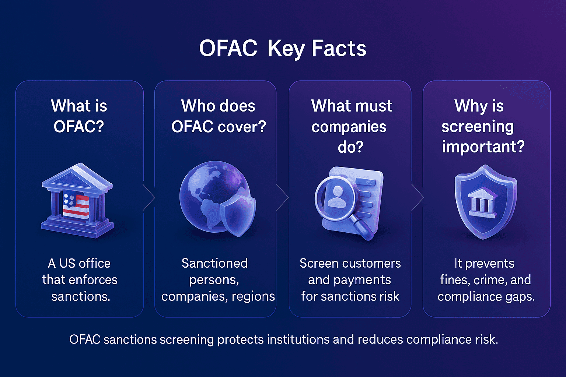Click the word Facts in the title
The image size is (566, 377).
pos(339,48)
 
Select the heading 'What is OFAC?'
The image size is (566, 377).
pos(79,116)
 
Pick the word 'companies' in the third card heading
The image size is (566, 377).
pos(349,127)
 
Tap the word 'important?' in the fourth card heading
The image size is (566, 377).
pos(483,147)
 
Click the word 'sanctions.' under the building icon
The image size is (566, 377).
pos(81,296)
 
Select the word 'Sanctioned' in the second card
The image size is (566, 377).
pos(214,263)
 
